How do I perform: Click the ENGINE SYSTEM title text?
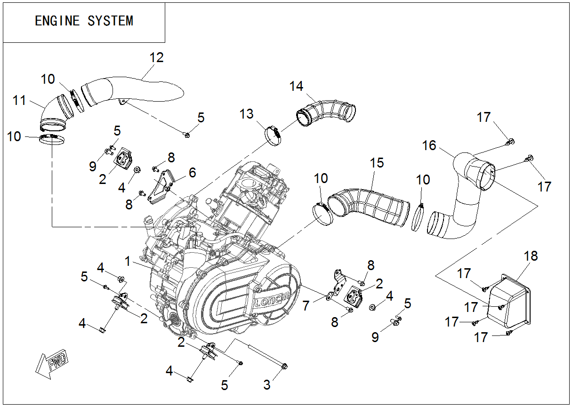(84, 21)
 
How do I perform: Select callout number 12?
(156, 57)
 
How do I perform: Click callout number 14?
(297, 86)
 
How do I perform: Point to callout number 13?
(246, 114)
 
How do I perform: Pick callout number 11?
(19, 100)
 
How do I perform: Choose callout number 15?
(377, 163)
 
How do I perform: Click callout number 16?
(429, 145)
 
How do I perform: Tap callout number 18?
(531, 256)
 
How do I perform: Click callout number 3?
(267, 384)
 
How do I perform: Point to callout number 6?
(192, 173)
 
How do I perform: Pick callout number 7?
(306, 306)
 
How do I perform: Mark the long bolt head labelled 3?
(284, 366)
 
